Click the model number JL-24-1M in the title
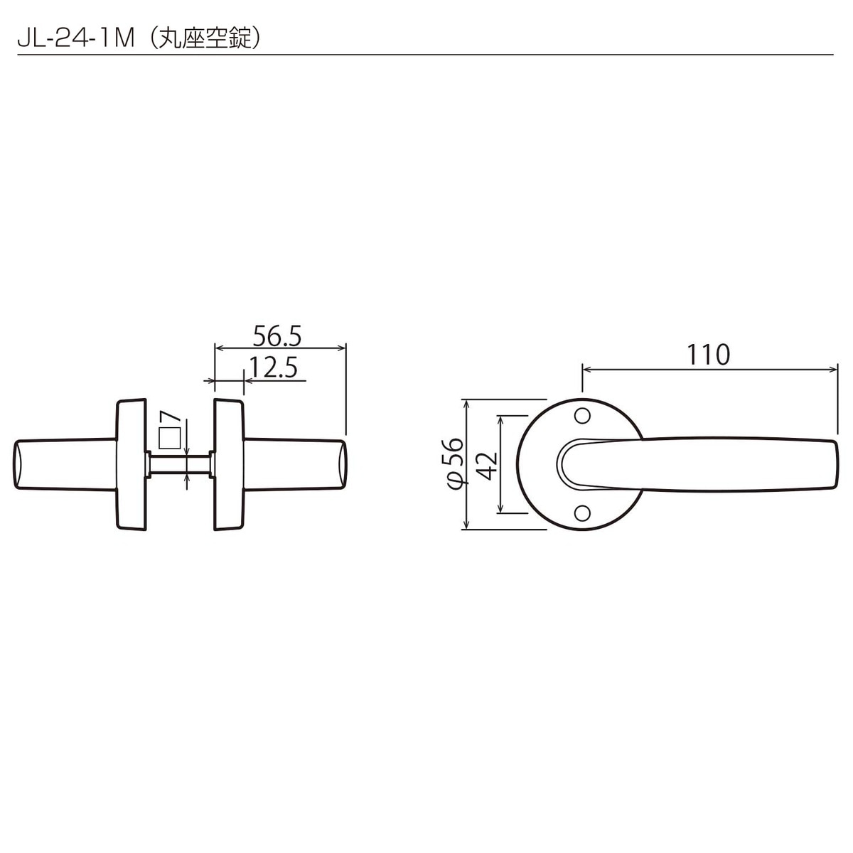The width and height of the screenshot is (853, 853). pos(75,38)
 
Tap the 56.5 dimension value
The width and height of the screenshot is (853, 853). pos(277,334)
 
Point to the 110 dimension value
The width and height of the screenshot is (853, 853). pos(708,355)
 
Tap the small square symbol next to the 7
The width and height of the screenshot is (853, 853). pos(169,439)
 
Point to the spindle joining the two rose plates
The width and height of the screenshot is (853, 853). pos(179,465)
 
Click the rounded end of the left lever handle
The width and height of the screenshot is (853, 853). pos(18,465)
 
